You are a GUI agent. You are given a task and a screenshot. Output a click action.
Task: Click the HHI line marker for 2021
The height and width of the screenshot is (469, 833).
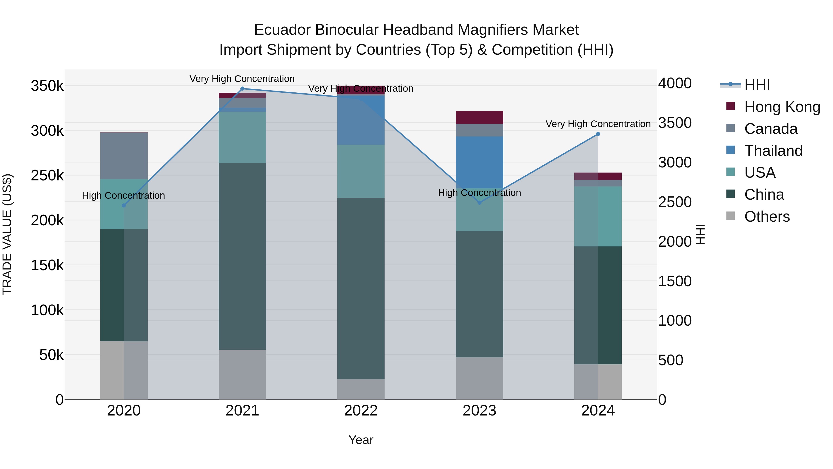pyautogui.click(x=242, y=89)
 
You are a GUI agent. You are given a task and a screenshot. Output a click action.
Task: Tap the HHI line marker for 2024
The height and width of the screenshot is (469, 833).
pyautogui.click(x=598, y=134)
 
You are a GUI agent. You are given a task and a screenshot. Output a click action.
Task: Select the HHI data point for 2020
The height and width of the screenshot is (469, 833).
pyautogui.click(x=124, y=205)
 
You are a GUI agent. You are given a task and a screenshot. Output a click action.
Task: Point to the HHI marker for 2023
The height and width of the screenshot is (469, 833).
pyautogui.click(x=480, y=203)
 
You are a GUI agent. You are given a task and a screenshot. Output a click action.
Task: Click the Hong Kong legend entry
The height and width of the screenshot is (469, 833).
pyautogui.click(x=782, y=107)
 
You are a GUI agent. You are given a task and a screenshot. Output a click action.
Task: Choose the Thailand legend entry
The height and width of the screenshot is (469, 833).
pyautogui.click(x=773, y=151)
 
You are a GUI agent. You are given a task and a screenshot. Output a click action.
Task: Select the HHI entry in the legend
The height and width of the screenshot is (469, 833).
pyautogui.click(x=757, y=85)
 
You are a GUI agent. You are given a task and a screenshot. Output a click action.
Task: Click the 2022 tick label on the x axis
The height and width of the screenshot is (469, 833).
pyautogui.click(x=361, y=411)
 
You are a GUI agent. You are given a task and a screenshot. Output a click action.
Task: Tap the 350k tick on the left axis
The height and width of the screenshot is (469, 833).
pyautogui.click(x=47, y=86)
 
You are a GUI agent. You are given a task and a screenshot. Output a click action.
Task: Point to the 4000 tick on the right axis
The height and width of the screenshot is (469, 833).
pyautogui.click(x=675, y=83)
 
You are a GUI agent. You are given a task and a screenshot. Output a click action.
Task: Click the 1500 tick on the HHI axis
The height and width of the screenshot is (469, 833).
pyautogui.click(x=675, y=281)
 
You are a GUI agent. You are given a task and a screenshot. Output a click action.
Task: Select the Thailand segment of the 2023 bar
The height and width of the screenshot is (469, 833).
pyautogui.click(x=480, y=162)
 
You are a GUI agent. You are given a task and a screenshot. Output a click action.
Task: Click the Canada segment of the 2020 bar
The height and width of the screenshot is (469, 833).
pyautogui.click(x=124, y=156)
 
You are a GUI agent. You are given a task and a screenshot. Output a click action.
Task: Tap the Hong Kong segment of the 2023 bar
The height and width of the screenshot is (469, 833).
pyautogui.click(x=480, y=117)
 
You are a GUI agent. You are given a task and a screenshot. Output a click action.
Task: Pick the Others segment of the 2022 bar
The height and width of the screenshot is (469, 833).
pyautogui.click(x=361, y=389)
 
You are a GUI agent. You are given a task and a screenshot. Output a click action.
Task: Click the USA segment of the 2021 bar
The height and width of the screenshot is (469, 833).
pyautogui.click(x=242, y=137)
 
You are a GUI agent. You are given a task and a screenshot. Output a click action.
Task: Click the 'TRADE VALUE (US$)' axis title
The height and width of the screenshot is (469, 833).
pyautogui.click(x=7, y=234)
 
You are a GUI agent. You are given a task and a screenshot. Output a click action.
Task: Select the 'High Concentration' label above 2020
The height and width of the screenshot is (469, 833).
pyautogui.click(x=124, y=195)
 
